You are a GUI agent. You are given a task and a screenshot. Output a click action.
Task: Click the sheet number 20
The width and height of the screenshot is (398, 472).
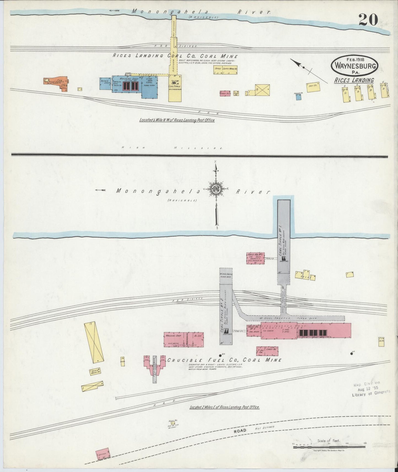368,20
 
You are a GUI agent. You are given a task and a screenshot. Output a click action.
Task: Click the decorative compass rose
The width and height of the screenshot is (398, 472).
216,189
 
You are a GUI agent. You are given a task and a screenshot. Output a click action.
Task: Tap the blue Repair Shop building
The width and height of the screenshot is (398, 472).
105,83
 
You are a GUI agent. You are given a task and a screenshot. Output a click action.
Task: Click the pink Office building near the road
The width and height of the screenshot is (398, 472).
103,455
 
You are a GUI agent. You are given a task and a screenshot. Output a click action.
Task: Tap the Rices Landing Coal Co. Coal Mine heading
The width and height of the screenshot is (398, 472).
175,56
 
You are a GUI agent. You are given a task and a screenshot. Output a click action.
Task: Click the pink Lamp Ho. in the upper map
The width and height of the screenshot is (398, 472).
225,93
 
